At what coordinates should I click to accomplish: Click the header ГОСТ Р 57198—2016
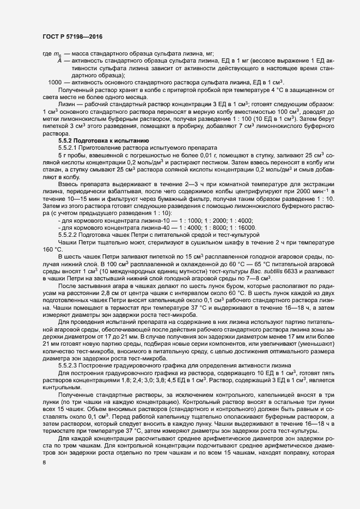(72, 37)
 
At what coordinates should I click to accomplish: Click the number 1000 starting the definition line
(54, 82)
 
